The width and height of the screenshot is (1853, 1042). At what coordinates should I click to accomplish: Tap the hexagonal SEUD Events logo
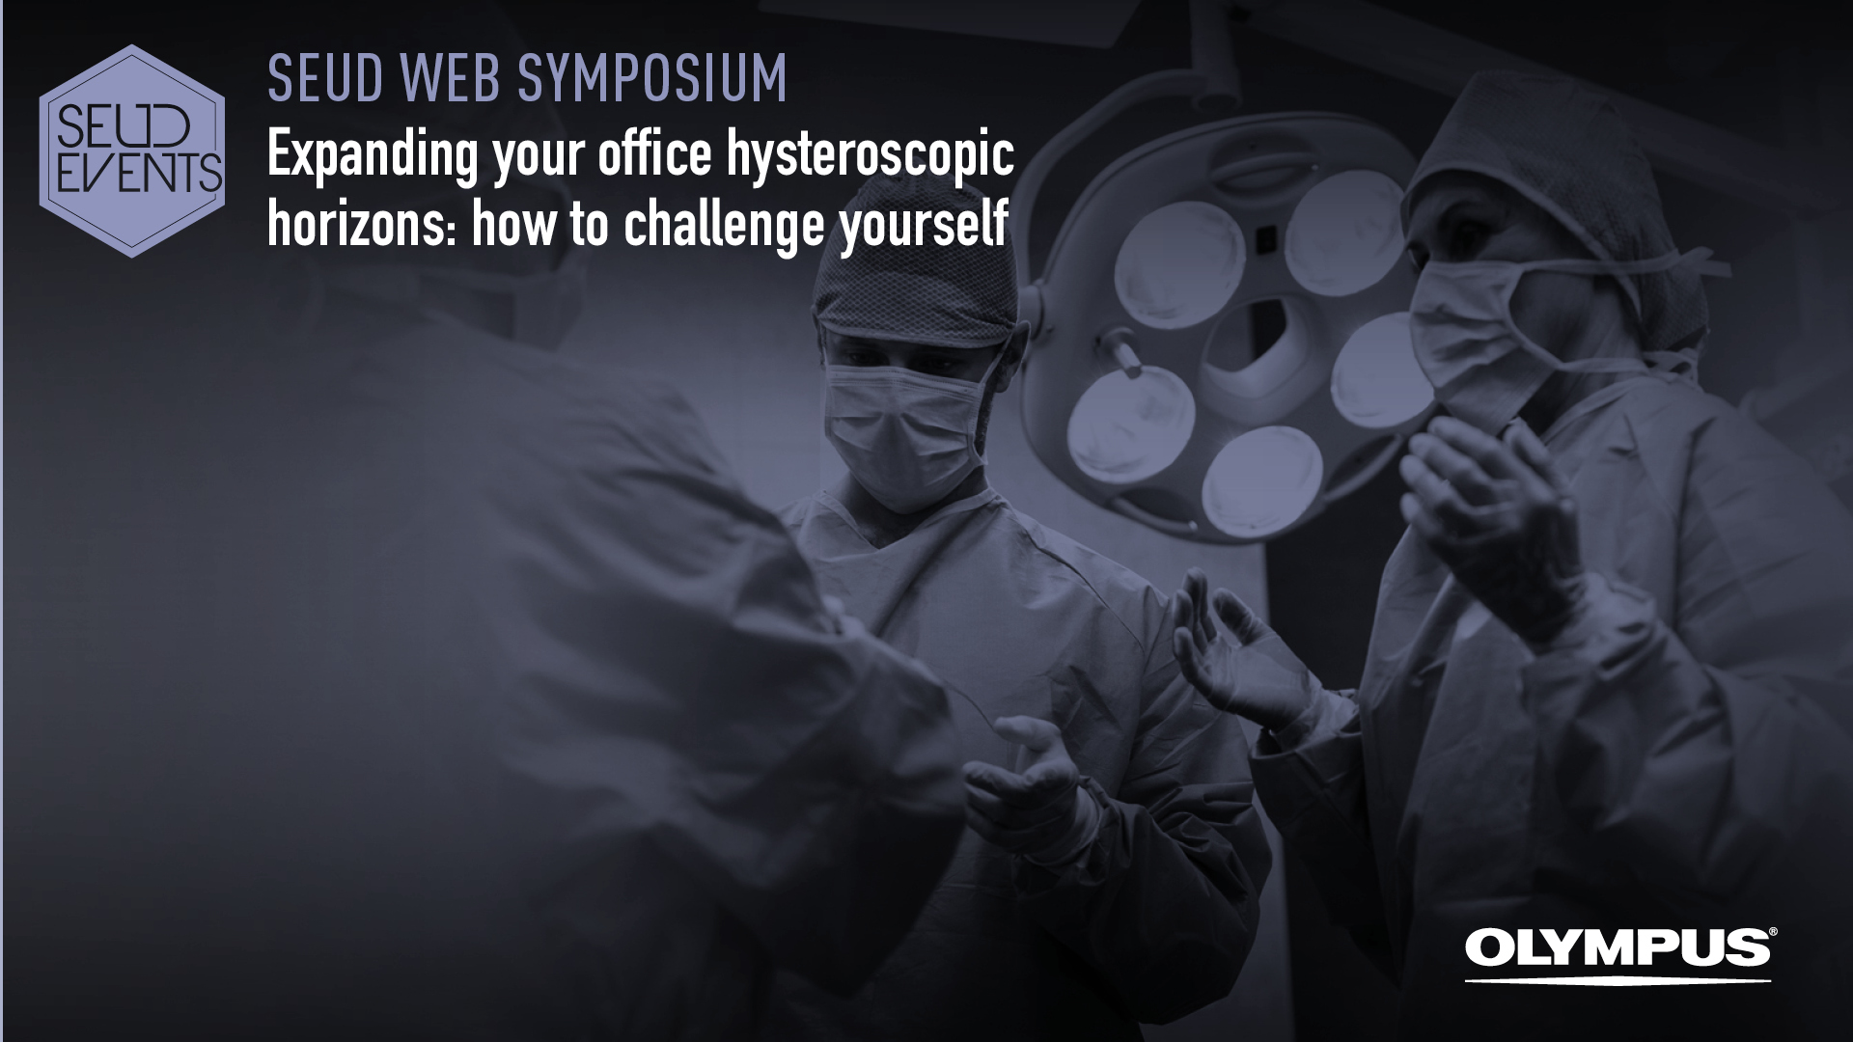[x=132, y=151]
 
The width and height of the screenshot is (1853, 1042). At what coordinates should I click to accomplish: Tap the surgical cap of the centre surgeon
[x=913, y=289]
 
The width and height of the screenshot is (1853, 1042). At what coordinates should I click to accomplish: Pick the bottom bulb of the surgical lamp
[x=1261, y=477]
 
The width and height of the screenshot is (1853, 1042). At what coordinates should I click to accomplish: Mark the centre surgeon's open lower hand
[x=1028, y=772]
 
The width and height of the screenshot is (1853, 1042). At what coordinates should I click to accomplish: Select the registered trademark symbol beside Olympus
[x=1768, y=933]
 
